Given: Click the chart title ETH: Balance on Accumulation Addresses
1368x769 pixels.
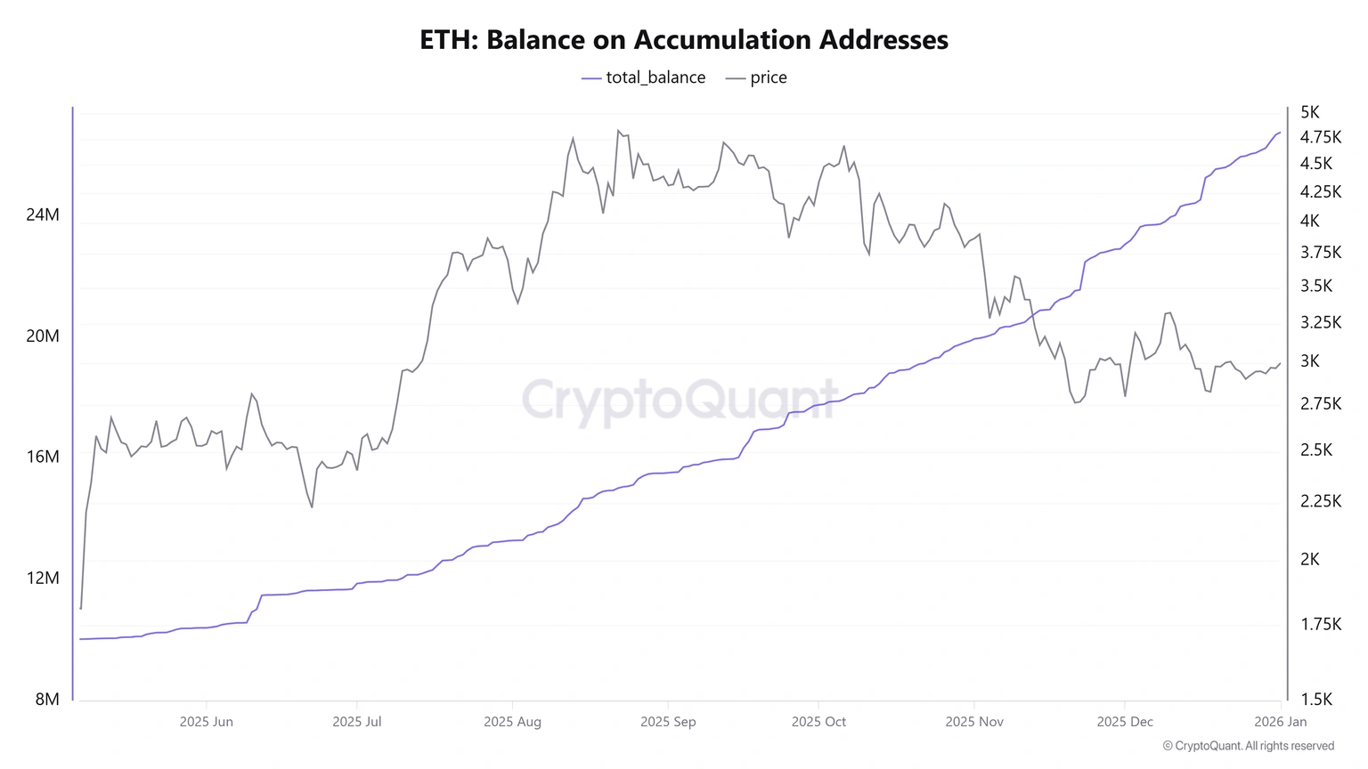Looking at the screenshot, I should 684,40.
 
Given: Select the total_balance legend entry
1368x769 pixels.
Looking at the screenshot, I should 644,77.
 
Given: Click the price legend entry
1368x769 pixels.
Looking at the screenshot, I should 757,77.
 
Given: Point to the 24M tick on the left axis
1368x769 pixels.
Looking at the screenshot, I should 43,215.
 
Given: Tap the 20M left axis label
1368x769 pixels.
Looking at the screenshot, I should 43,336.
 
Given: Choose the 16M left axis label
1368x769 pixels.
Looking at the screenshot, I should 43,457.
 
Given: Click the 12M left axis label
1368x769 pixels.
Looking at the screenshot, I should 43,578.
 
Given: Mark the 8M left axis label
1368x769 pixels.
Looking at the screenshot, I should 47,699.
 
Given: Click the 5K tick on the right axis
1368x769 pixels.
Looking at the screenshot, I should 1310,112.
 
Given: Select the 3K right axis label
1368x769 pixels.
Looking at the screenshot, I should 1310,360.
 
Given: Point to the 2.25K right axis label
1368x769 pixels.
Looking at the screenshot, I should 1321,501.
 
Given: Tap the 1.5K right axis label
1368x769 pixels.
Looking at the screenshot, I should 1316,699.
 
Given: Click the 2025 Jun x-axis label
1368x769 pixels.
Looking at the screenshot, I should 207,722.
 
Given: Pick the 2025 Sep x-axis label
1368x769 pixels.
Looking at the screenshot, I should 668,722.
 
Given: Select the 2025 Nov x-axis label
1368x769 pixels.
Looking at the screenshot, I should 974,722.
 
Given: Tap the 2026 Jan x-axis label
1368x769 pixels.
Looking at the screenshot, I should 1281,722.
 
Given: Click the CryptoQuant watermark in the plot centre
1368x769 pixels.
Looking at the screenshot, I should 680,400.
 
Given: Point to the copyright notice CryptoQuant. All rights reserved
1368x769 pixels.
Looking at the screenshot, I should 1249,746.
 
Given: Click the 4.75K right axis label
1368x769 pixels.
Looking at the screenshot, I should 1321,137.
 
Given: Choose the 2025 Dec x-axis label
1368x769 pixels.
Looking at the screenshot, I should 1125,722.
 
